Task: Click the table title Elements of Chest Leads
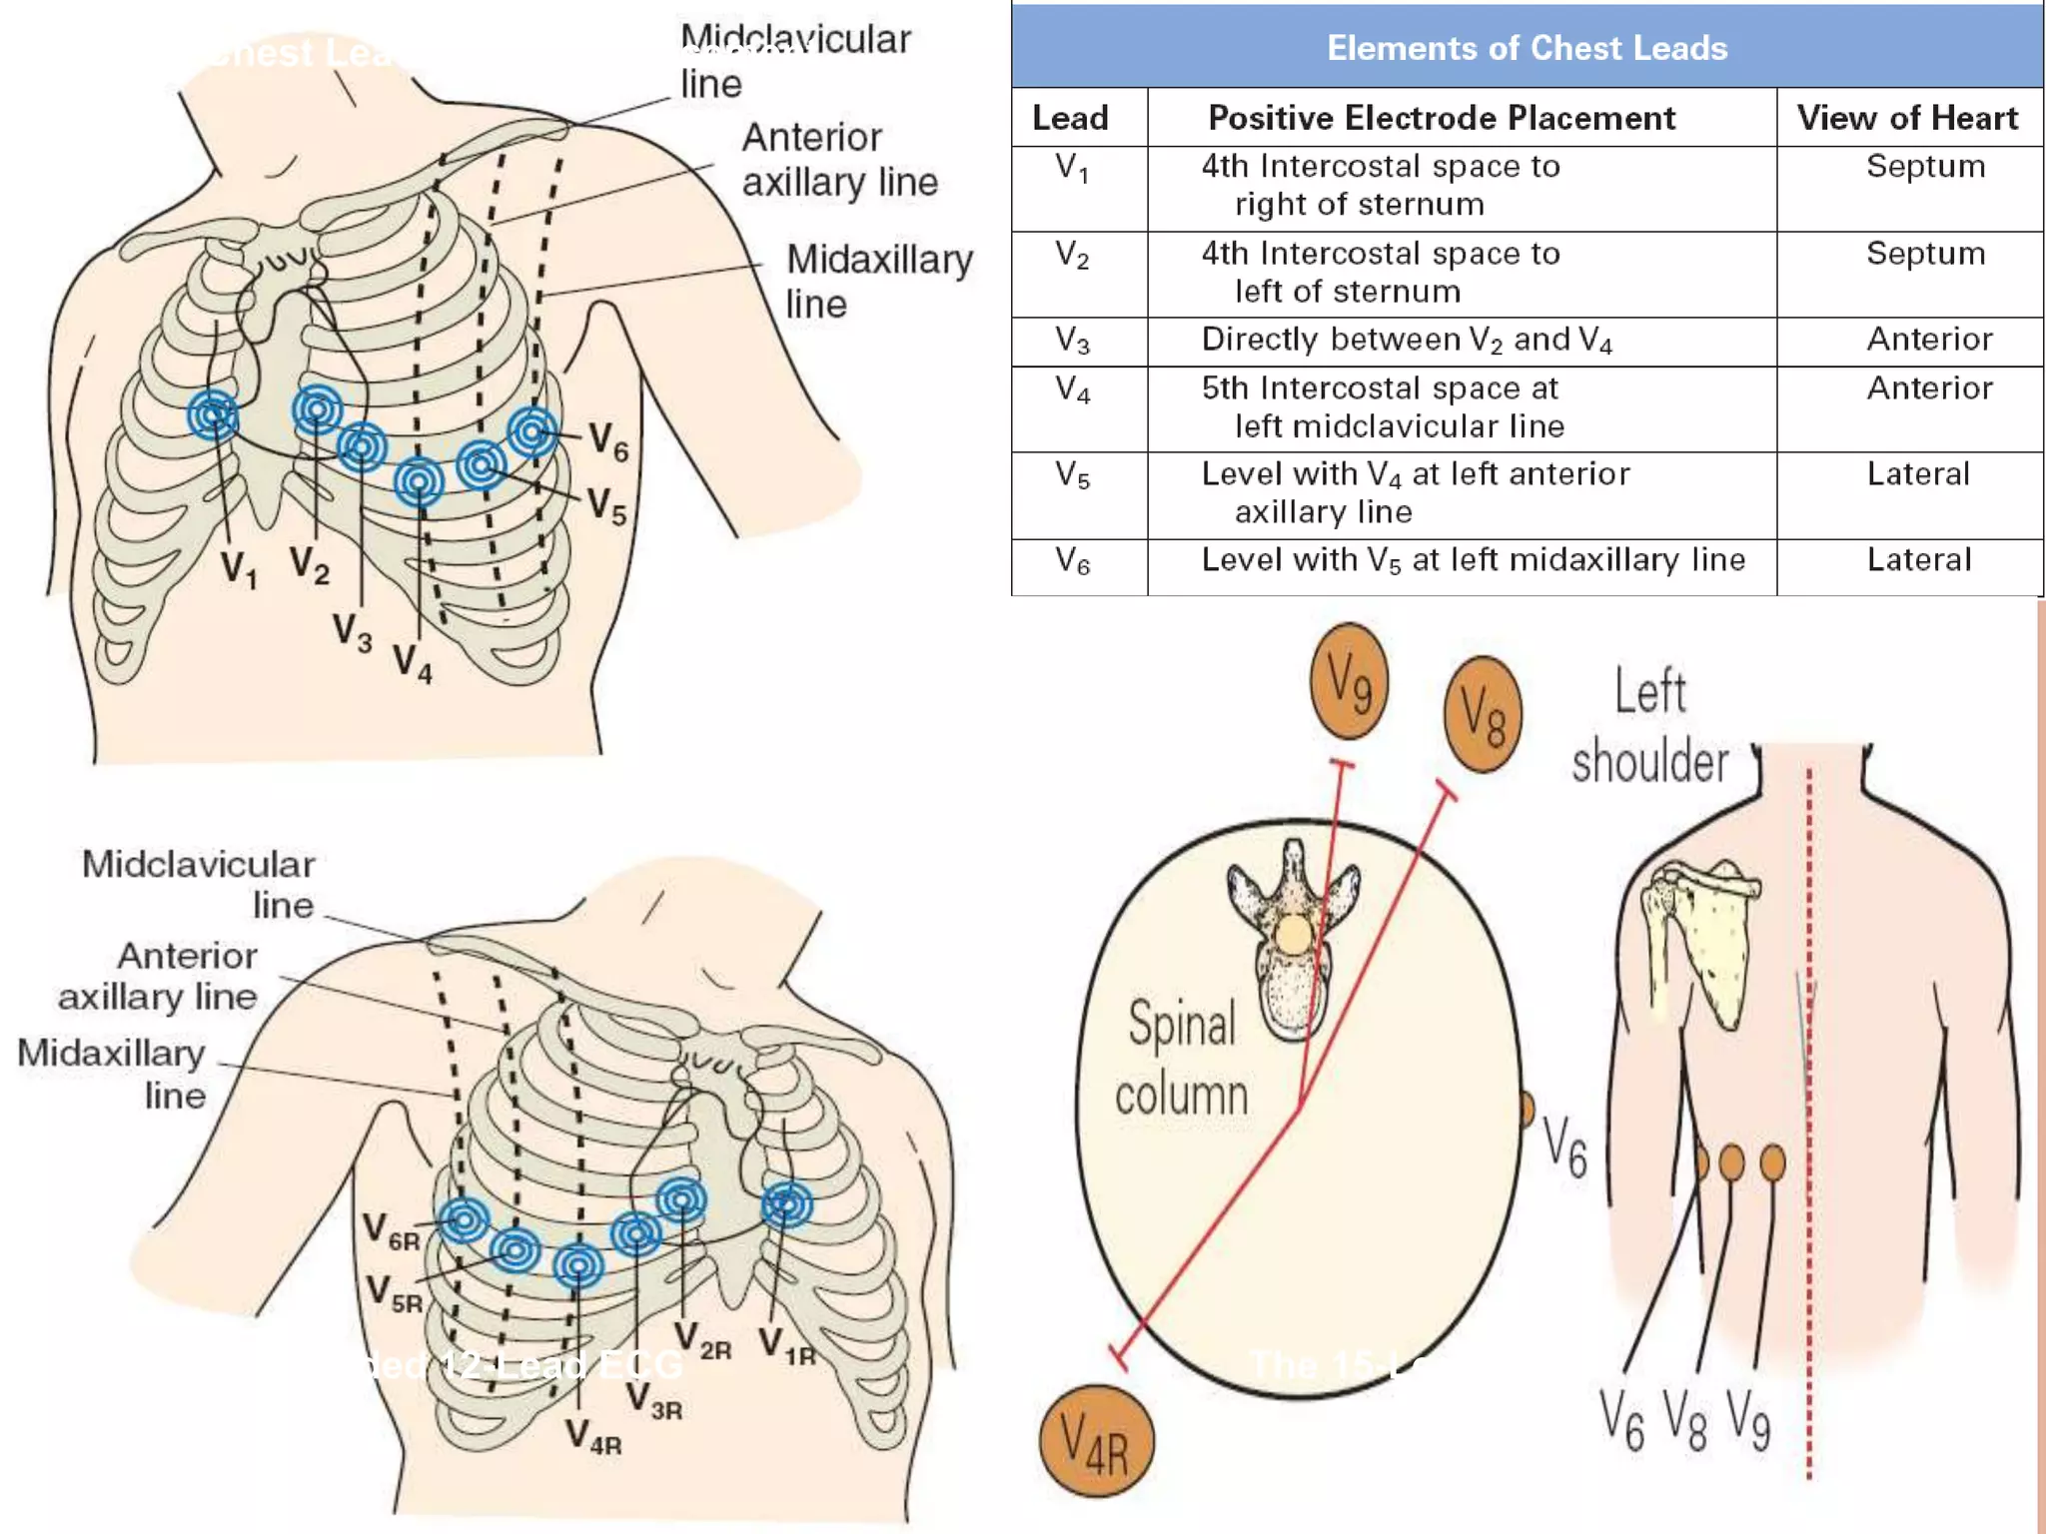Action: click(x=1527, y=48)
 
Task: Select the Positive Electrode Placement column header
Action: click(x=1441, y=118)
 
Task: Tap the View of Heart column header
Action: click(x=1907, y=118)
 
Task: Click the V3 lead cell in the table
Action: click(x=1073, y=341)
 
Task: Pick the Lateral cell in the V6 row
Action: click(x=1918, y=560)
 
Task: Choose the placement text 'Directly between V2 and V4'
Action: click(x=1407, y=341)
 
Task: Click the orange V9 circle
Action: click(x=1349, y=682)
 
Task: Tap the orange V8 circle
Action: click(x=1483, y=714)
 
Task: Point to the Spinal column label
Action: click(x=1182, y=1059)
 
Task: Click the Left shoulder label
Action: click(x=1650, y=727)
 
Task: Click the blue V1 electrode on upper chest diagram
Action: click(x=213, y=414)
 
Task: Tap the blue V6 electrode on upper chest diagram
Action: click(x=531, y=431)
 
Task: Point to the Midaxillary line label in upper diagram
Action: click(x=879, y=281)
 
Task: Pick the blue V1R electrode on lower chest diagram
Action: click(x=786, y=1204)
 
